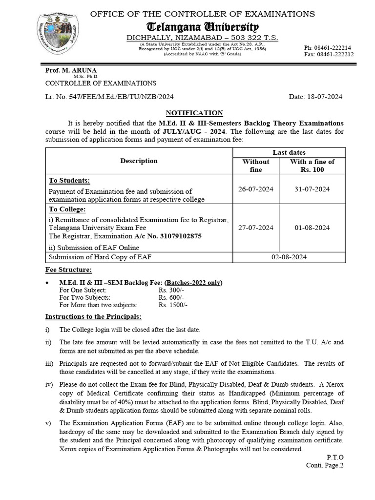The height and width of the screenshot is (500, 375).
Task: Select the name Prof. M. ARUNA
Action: (x=65, y=70)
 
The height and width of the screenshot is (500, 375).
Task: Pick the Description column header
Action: (x=139, y=161)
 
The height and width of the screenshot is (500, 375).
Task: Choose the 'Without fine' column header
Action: (x=256, y=166)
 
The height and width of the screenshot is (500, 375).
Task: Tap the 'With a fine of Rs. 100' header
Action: (x=312, y=166)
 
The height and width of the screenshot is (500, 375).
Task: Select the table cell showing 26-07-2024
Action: (x=256, y=189)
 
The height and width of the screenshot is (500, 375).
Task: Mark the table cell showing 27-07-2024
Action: (x=256, y=228)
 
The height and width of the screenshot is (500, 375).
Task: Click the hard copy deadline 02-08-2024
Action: (x=284, y=257)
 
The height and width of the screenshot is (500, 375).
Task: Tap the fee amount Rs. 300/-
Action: (x=171, y=290)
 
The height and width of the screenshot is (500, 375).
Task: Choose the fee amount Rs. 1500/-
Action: (x=173, y=305)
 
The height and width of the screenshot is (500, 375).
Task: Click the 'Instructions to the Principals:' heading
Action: (x=94, y=316)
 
